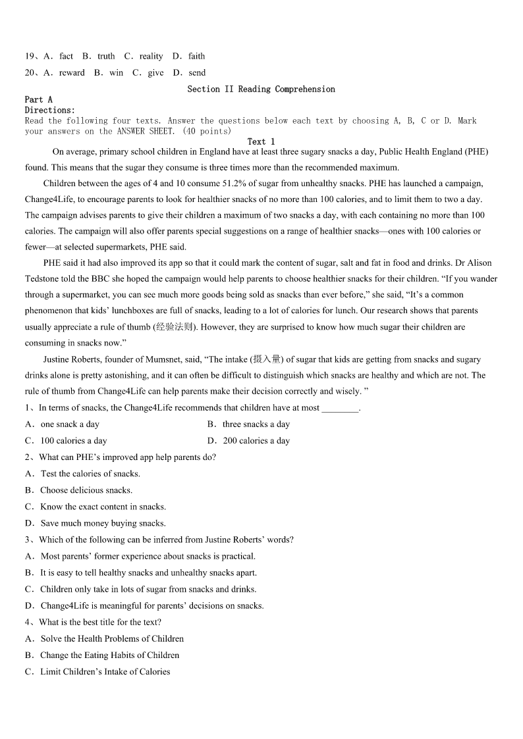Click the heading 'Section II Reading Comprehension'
point(261,89)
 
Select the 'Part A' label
point(39,99)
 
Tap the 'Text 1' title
point(261,141)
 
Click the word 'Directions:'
point(50,110)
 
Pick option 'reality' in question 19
point(151,56)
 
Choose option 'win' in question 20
point(117,72)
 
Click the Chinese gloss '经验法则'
point(174,326)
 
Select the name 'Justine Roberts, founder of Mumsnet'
point(117,359)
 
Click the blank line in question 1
point(341,408)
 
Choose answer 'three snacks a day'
point(256,424)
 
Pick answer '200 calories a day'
point(256,441)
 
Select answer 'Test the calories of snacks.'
point(90,474)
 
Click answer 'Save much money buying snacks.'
point(103,523)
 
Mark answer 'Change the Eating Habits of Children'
point(109,655)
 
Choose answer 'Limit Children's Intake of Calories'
point(105,671)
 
